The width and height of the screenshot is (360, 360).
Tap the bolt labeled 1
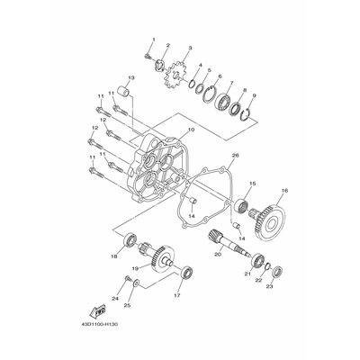tap(146, 57)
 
